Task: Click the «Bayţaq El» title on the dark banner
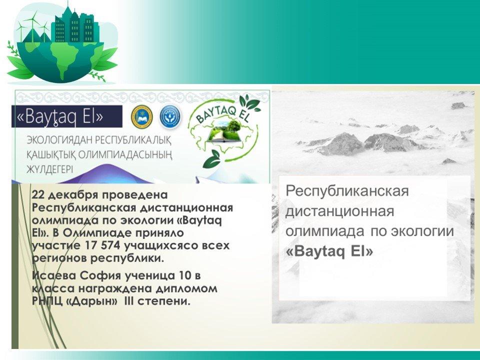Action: pos(59,116)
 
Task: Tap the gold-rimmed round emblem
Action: pos(141,116)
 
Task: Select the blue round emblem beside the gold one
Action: pos(170,116)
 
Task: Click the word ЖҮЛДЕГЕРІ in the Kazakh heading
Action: pos(49,169)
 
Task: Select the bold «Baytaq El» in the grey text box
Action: pos(329,251)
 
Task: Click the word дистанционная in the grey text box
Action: pos(339,211)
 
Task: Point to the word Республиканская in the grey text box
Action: pos(347,190)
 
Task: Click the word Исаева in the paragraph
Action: pos(54,275)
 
